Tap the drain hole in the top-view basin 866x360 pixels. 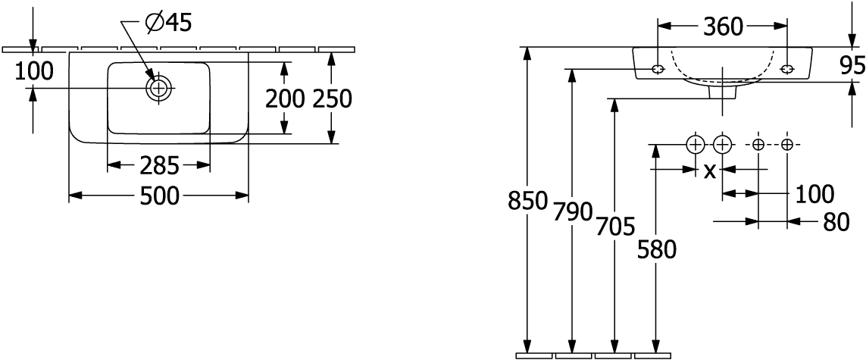click(x=159, y=88)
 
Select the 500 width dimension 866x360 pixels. click(x=159, y=196)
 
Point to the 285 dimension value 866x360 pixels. click(x=159, y=165)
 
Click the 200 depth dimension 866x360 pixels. click(x=285, y=99)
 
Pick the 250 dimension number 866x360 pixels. click(x=332, y=99)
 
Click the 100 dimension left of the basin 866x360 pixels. click(x=33, y=71)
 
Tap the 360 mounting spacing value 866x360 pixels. click(x=723, y=27)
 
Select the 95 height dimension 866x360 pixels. click(x=853, y=66)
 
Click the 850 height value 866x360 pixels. click(x=528, y=201)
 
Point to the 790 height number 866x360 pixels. click(x=573, y=211)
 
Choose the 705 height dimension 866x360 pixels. click(x=615, y=227)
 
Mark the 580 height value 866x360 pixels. click(x=657, y=251)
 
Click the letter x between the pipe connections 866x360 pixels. click(x=710, y=171)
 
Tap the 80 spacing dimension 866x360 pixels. click(x=836, y=223)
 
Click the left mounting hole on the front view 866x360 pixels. click(x=658, y=69)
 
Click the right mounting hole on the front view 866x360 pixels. click(x=787, y=69)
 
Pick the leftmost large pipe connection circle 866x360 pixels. click(x=696, y=145)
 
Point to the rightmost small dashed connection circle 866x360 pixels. click(x=787, y=145)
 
